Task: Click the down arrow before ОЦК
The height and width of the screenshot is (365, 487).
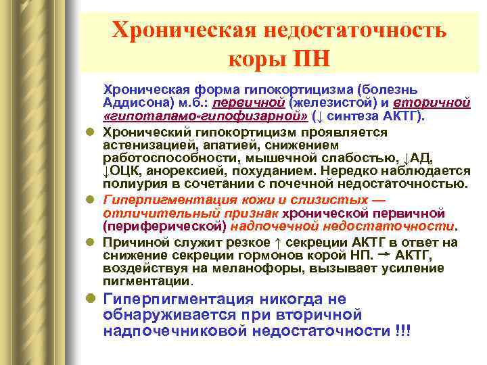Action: pyautogui.click(x=106, y=171)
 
